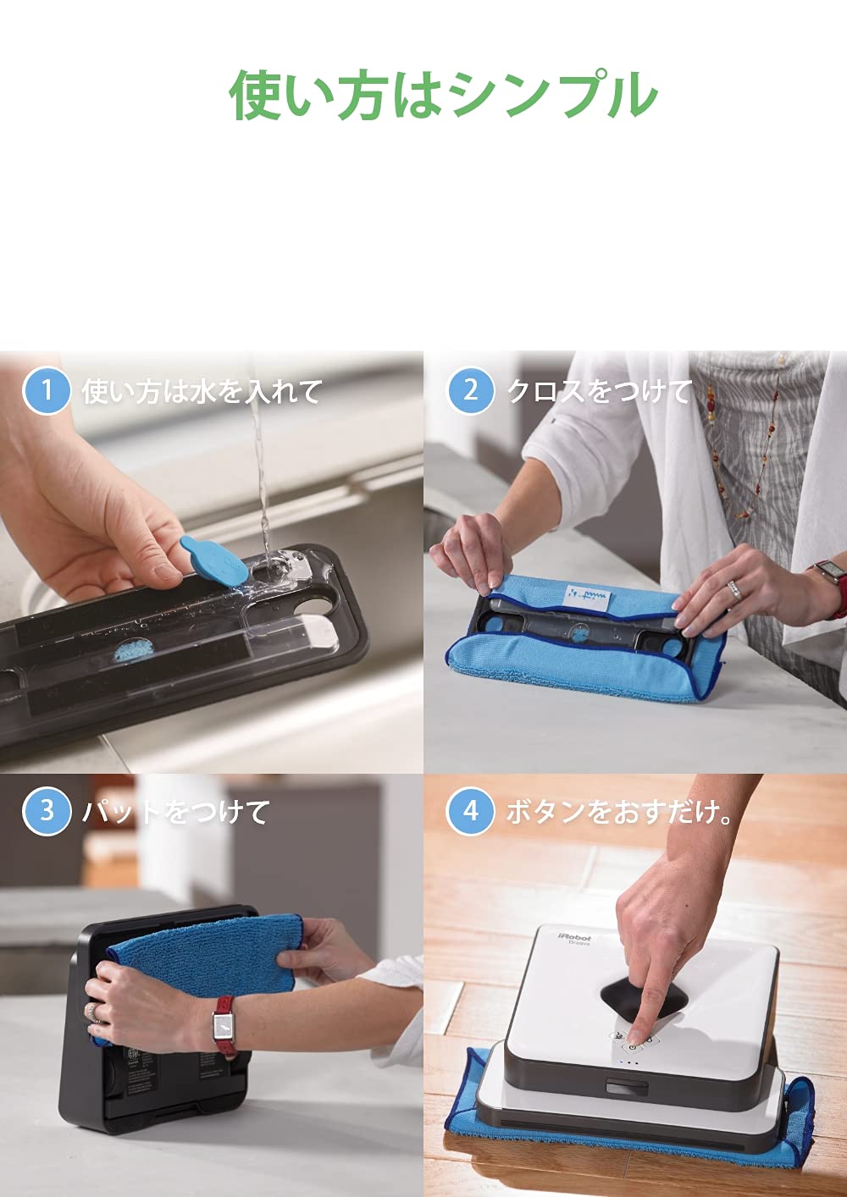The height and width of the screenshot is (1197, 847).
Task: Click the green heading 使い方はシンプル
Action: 443,95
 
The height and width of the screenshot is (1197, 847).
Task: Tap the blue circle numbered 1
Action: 46,390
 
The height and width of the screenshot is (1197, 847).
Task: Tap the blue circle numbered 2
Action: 470,390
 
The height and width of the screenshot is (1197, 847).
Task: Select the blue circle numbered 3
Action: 46,811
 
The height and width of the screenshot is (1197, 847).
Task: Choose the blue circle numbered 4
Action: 470,811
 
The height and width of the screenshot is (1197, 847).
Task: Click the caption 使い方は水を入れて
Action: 202,391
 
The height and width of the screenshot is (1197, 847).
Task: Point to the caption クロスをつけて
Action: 599,391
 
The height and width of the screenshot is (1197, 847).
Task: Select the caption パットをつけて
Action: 176,812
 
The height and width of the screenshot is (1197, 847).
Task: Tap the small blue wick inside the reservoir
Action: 132,652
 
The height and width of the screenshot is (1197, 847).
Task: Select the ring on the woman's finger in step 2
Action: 734,589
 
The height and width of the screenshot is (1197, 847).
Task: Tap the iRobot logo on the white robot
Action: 574,937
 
